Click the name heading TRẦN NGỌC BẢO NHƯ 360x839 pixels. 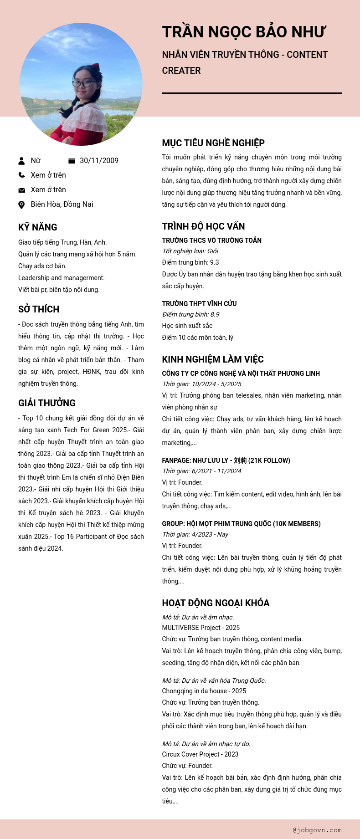244,32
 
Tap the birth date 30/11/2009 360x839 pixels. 99,160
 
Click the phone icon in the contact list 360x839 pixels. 21,175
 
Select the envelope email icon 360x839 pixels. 21,190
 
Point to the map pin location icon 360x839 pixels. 21,205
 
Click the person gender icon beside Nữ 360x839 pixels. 21,160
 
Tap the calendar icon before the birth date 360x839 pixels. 72,160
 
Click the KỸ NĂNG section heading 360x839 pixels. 38,227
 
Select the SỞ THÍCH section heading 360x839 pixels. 39,309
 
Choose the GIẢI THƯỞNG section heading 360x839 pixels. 47,403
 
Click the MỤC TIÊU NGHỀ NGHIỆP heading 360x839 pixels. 213,143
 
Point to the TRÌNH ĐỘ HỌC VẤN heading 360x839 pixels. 203,226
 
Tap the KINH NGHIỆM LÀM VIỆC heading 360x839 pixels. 213,359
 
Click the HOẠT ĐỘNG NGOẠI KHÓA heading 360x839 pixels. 216,603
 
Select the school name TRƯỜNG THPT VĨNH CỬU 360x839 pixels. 199,303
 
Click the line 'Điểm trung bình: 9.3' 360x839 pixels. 190,262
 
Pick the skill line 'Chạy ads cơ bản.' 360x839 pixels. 42,266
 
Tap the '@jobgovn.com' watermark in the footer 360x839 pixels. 317,830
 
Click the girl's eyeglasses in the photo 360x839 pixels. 83,84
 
